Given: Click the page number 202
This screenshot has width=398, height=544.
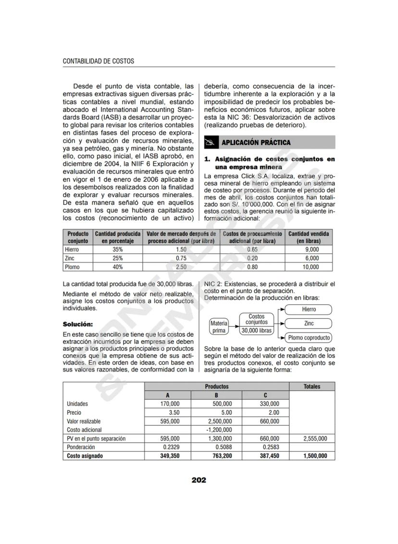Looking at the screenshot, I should pos(199,480).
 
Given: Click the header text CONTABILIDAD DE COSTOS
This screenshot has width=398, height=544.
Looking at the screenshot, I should pos(99,62).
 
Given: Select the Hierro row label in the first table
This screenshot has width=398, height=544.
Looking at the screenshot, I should pos(72,250).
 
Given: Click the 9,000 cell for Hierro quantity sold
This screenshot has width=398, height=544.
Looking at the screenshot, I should pos(311,250).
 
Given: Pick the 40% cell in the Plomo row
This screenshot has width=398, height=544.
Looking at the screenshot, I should pos(117,267).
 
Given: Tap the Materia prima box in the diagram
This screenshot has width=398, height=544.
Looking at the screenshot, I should pos(219,327).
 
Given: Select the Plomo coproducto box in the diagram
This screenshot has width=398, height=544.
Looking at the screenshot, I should pos(309,338).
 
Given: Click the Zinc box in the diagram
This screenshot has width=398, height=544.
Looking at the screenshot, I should pos(309,323).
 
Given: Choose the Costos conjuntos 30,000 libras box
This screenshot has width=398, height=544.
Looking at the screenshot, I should pos(256,323).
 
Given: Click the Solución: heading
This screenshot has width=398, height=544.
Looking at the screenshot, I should pos(78,324).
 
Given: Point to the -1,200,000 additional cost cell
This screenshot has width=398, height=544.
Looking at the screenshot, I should pos(219,430).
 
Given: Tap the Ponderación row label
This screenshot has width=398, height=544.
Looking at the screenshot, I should pos(81,447).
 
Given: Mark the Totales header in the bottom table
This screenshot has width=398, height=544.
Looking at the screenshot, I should pos(311,386).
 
